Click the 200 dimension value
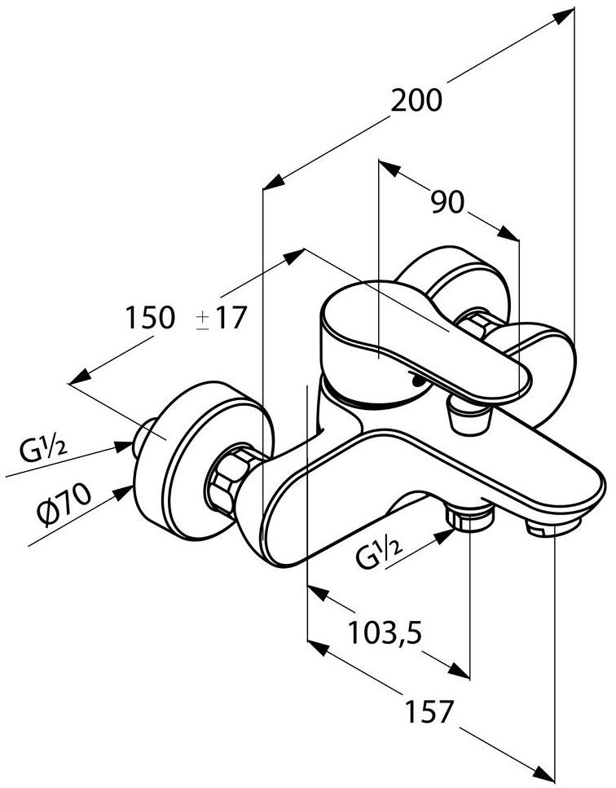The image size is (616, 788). (x=416, y=100)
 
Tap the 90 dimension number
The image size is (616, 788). (x=447, y=202)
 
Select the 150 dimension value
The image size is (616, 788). (x=150, y=317)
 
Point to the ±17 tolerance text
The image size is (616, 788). (x=220, y=317)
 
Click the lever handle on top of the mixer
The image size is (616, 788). (x=424, y=342)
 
